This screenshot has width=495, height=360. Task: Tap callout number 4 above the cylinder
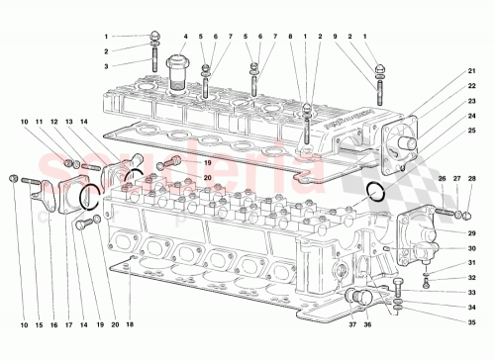184,37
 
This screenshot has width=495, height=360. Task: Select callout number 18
130,323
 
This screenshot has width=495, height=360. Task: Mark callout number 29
471,232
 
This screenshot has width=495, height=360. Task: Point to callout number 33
471,294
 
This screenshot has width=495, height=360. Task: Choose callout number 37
351,323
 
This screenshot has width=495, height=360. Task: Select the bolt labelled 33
396,290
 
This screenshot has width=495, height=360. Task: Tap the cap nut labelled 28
464,214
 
